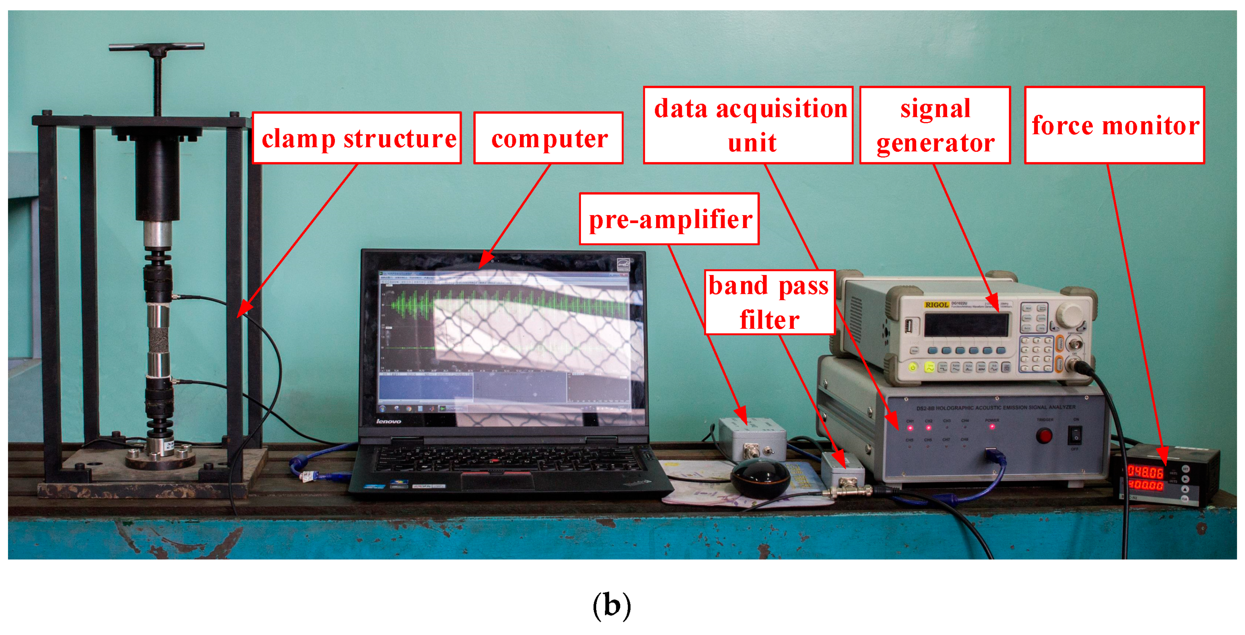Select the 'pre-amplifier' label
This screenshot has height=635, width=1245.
click(x=669, y=219)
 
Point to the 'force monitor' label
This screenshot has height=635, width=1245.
click(x=1114, y=125)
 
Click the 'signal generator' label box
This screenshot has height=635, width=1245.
click(x=935, y=125)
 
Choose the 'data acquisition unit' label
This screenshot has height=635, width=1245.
click(x=748, y=125)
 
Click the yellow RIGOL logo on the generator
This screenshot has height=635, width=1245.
click(x=936, y=305)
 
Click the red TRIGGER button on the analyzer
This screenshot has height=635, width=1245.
click(x=1044, y=436)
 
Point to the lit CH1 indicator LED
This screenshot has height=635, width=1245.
click(x=910, y=428)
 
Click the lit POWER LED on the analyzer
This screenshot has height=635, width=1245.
click(x=992, y=427)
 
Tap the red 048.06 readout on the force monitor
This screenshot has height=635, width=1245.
click(x=1145, y=472)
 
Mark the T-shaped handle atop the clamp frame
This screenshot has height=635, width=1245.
click(x=157, y=47)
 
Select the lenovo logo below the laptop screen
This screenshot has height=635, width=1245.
click(x=389, y=421)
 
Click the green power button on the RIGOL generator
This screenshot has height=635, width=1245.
click(x=913, y=367)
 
